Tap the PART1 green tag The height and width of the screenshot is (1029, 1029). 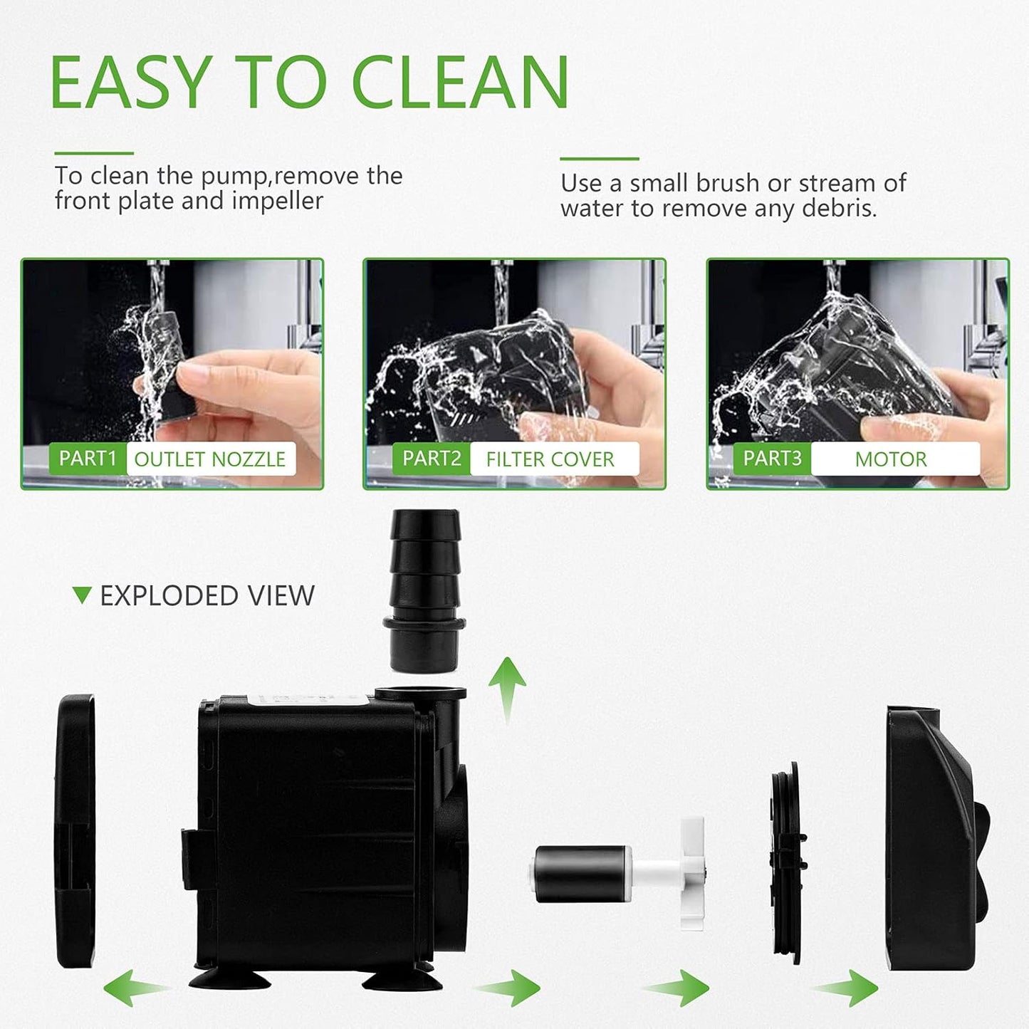87,459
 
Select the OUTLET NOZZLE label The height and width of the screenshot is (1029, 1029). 210,459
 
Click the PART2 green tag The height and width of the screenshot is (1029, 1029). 431,459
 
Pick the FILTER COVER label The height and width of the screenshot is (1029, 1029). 550,459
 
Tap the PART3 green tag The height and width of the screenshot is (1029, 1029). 772,459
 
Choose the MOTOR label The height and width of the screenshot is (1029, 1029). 891,459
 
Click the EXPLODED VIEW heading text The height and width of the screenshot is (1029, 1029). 207,596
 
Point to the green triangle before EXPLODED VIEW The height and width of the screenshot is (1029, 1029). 83,595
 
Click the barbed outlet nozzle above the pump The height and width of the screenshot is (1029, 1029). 424,587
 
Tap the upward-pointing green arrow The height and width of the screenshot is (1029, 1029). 507,687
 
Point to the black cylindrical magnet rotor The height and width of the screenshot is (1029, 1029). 581,873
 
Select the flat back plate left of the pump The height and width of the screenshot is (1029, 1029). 75,832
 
